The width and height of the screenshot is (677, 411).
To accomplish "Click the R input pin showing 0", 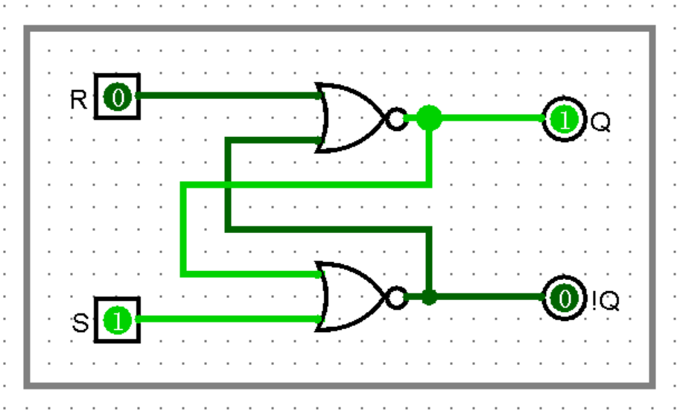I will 117,96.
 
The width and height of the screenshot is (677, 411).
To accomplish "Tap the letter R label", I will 78,100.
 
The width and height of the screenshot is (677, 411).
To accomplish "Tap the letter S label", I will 80,324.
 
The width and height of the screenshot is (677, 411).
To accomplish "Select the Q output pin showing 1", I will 565,118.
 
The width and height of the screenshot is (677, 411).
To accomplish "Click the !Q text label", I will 606,302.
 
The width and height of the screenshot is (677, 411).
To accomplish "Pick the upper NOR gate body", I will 350,118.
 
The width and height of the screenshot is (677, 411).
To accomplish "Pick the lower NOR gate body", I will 350,297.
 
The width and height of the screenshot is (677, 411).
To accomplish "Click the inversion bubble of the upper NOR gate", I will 397,118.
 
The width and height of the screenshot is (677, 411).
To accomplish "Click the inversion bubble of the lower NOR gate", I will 397,298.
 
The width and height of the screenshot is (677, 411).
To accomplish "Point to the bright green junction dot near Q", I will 429,118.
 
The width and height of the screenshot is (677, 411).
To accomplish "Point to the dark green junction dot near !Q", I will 429,298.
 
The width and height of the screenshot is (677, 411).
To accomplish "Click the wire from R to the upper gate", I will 223,95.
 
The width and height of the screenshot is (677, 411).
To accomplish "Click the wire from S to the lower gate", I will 223,319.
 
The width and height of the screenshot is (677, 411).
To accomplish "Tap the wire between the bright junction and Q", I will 492,118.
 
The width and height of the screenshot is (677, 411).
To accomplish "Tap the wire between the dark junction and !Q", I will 492,298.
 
